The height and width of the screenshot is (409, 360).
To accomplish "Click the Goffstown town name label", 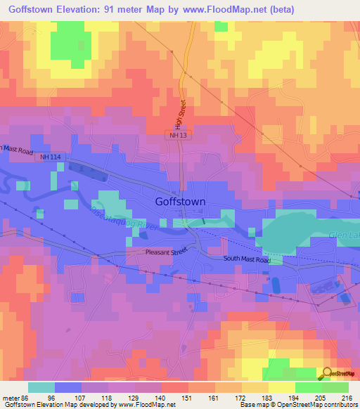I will (180, 201).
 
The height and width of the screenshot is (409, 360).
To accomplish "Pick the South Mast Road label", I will (247, 260).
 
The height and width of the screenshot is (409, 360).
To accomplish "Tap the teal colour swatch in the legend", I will (41, 387).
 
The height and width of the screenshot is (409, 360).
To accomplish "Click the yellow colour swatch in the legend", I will (281, 387).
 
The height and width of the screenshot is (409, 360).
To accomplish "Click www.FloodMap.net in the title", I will (228, 9).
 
